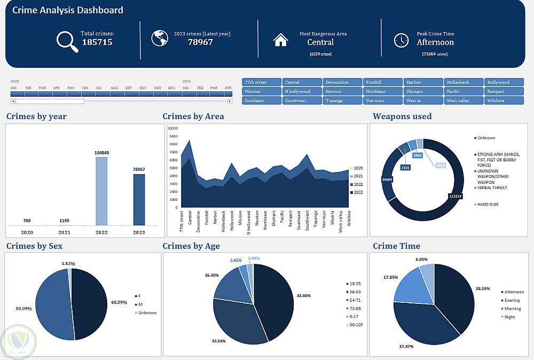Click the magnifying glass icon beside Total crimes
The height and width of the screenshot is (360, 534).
[x=67, y=42]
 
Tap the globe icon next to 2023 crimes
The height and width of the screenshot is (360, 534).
[x=159, y=38]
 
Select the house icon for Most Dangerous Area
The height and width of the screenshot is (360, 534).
[x=280, y=40]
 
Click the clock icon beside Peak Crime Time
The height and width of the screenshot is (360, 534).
[x=401, y=41]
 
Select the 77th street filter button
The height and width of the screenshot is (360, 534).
[x=262, y=82]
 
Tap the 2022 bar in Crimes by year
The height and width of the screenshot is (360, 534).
[x=101, y=191]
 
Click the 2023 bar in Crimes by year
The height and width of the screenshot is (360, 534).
[x=139, y=199]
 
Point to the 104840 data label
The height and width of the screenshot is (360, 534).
[x=101, y=152]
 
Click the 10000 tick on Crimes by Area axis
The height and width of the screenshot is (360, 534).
[x=172, y=128]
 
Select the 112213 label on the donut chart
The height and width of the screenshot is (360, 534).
[x=455, y=197]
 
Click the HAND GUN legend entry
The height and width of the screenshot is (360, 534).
[x=487, y=205]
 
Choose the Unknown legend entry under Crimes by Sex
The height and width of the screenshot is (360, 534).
[x=147, y=312]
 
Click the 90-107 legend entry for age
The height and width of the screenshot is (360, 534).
[x=355, y=325]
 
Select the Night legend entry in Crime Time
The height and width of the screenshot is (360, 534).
[x=509, y=317]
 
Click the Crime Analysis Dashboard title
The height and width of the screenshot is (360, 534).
[x=67, y=10]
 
